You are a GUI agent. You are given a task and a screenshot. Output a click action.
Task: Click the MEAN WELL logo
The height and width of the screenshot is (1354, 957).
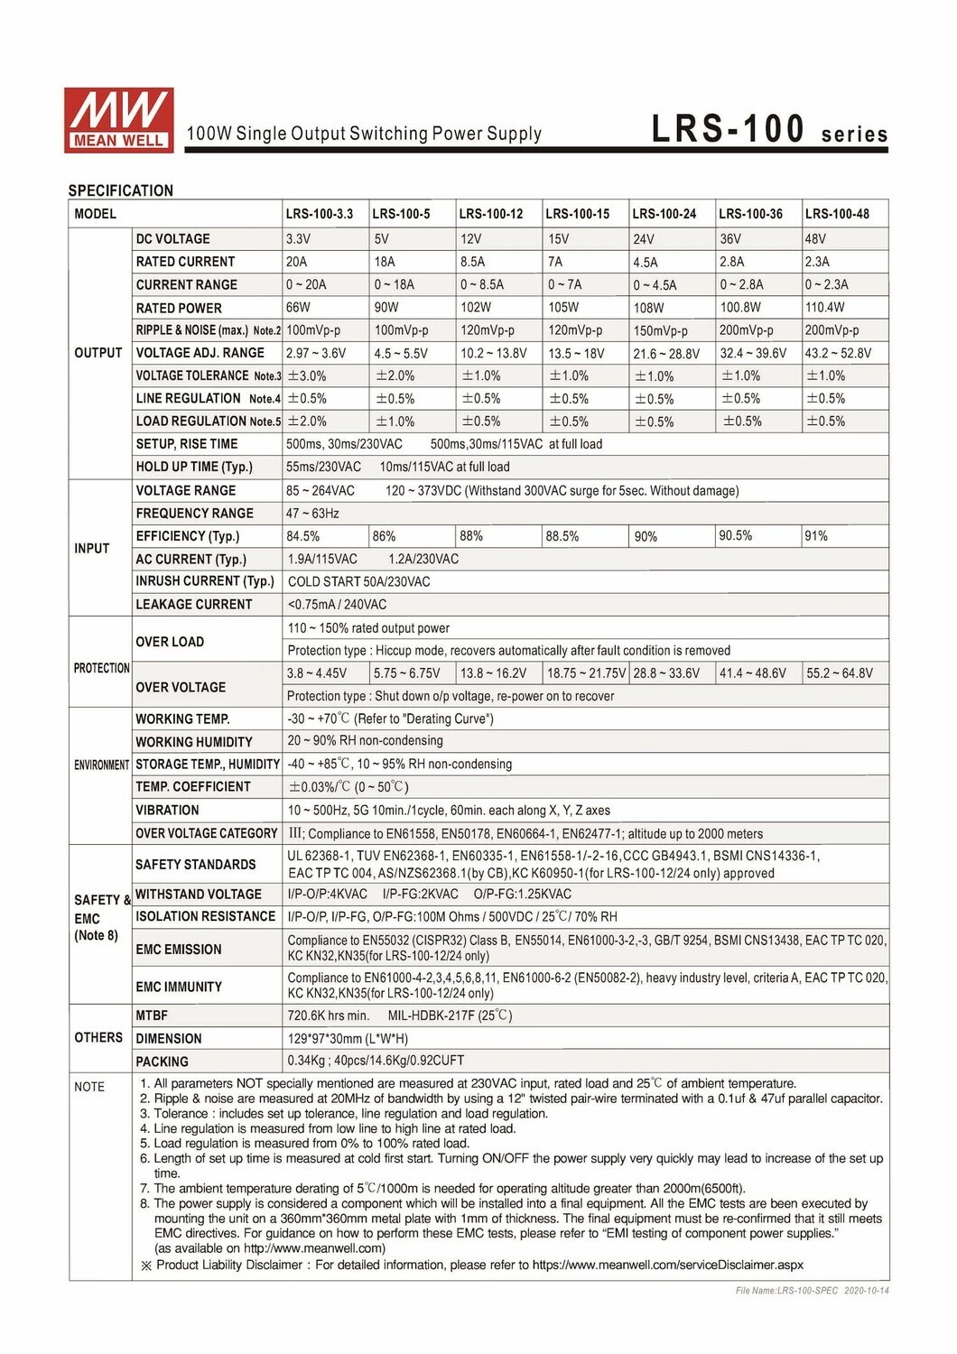point(118,118)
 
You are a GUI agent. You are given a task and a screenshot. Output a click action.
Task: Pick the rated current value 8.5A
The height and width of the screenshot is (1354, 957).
point(472,262)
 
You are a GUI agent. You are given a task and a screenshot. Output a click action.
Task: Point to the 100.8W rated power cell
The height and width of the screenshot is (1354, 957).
point(740,308)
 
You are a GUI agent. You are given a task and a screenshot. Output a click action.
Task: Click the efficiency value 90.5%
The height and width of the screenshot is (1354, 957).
point(735,536)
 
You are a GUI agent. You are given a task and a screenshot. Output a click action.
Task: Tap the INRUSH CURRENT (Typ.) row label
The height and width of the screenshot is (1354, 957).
point(204,581)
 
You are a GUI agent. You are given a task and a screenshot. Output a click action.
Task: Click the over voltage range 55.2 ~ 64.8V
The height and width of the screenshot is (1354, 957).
point(840,673)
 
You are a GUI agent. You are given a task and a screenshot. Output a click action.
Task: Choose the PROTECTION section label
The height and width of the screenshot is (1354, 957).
point(101,668)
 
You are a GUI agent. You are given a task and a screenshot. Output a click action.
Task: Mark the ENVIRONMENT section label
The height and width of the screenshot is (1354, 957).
point(101,765)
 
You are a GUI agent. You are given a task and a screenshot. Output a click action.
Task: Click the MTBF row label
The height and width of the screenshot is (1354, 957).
point(152,1015)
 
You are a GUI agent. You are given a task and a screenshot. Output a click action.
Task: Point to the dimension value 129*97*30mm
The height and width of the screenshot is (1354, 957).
point(348,1039)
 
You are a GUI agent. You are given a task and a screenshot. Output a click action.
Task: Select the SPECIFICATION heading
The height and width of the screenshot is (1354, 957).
point(120,190)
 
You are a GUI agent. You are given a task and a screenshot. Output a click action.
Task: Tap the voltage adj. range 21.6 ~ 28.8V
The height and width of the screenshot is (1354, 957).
point(665,354)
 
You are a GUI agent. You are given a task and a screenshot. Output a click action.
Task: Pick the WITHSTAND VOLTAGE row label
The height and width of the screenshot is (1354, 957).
point(199,895)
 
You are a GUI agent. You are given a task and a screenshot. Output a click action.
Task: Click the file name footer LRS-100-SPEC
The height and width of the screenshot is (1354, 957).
point(812,1291)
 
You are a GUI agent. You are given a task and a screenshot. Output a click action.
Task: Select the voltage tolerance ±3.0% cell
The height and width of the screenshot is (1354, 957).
point(306,376)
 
